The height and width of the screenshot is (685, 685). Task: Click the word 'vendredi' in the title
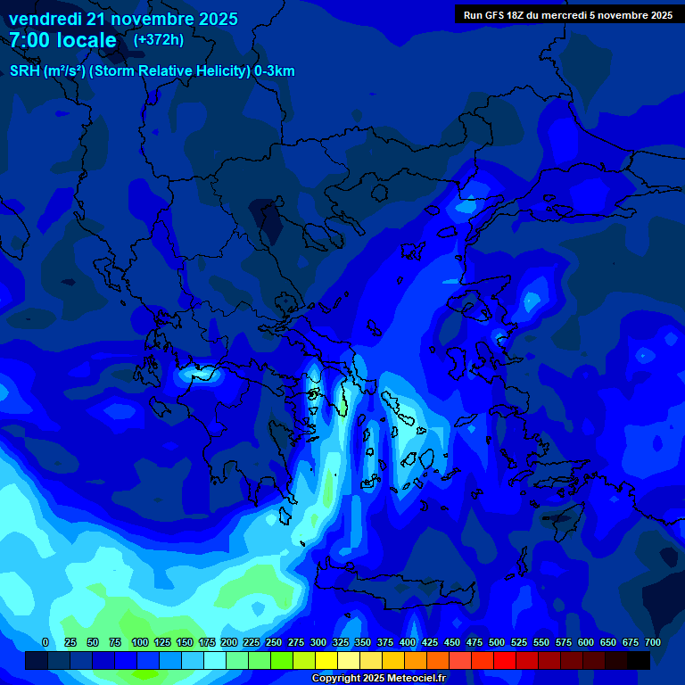click(45, 19)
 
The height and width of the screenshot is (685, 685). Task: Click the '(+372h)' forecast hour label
click(158, 40)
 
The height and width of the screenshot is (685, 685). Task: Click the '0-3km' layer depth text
click(275, 71)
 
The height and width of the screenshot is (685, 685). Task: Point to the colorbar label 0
click(45, 642)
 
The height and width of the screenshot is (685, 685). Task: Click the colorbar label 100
click(140, 642)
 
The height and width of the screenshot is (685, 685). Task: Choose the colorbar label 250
click(274, 642)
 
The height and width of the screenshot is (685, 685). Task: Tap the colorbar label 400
click(408, 642)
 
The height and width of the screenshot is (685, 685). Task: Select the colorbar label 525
click(519, 642)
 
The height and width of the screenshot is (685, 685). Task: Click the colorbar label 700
click(653, 642)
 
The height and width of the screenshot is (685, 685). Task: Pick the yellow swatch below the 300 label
click(326, 661)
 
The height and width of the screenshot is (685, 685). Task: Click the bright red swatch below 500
click(505, 661)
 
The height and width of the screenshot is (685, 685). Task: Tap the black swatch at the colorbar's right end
click(639, 661)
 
